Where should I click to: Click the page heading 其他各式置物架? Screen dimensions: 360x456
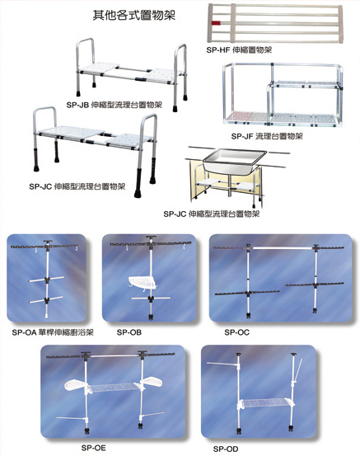134,15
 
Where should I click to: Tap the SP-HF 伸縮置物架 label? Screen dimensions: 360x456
239,50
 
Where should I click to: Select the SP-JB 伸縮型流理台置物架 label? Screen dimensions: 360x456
114,105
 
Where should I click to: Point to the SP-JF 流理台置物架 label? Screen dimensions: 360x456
267,136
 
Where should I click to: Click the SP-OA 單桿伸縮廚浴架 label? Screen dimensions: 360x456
53,332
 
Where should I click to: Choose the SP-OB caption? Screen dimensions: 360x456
129,332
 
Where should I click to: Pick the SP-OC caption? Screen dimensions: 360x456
236,332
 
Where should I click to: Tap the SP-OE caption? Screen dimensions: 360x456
94,448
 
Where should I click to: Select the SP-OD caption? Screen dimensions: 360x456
226,449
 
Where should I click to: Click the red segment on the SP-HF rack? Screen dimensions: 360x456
216,23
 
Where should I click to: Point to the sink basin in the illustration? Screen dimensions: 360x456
235,162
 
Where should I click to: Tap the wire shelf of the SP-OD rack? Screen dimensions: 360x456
265,403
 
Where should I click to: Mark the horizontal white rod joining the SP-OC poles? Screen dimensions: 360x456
282,247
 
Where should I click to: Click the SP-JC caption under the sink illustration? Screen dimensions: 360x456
211,214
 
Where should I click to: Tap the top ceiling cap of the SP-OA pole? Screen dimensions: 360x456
48,242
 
